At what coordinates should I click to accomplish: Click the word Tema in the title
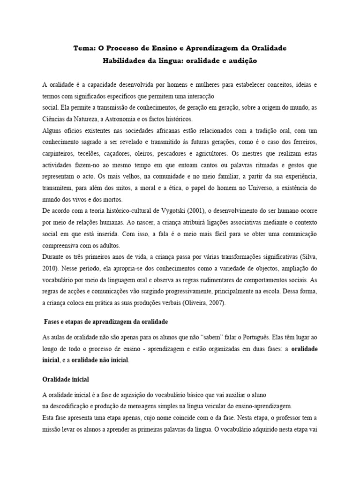pos(84,48)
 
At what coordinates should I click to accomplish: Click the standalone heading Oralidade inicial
pos(66,378)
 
